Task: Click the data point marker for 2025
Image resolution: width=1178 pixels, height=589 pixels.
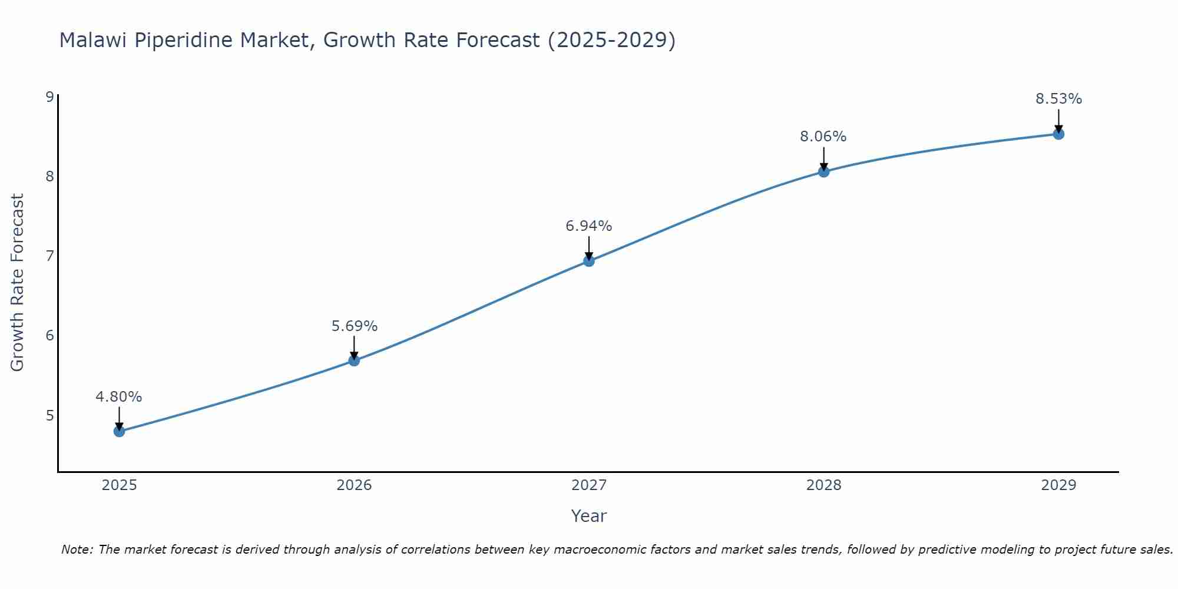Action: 119,431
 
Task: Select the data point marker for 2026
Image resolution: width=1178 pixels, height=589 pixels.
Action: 354,360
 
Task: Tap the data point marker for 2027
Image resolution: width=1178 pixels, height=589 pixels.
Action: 589,261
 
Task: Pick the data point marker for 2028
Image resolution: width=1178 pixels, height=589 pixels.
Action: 823,171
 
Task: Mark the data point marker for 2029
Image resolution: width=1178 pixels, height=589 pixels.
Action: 1058,134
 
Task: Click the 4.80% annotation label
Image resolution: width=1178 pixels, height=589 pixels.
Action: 119,397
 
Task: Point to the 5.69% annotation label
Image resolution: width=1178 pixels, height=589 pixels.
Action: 354,326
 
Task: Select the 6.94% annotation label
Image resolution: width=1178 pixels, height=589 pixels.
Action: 589,226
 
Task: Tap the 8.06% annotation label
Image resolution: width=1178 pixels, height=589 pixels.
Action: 823,137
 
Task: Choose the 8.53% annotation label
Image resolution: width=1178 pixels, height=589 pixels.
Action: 1058,99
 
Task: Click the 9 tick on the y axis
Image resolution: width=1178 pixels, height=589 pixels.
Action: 49,97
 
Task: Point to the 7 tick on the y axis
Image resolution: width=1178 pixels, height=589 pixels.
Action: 49,256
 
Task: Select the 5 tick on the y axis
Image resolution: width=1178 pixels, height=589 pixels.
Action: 49,415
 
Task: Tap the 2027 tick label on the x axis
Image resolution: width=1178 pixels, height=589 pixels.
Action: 589,485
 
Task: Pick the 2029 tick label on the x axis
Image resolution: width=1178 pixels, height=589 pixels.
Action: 1058,485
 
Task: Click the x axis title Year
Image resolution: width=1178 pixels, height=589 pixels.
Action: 589,516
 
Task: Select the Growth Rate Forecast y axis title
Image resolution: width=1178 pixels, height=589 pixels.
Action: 18,283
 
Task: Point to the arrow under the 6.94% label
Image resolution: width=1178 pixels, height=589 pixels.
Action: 589,247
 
